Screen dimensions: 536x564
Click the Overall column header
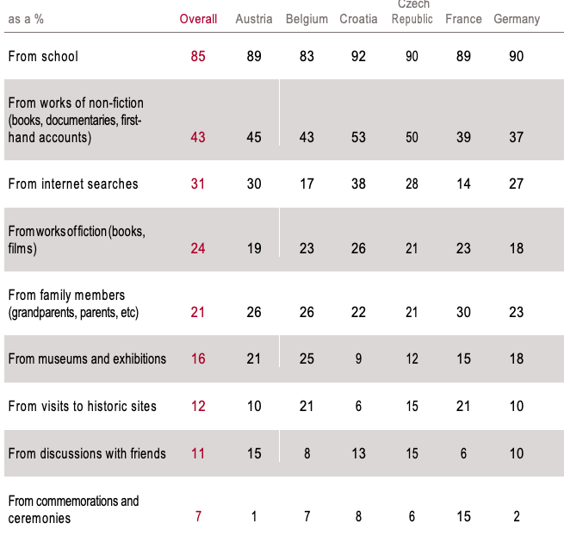coord(198,19)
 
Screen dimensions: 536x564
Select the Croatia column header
coord(358,19)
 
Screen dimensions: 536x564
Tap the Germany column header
coord(517,19)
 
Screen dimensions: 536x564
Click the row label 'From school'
coord(43,56)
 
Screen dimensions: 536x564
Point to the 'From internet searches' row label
coord(73,184)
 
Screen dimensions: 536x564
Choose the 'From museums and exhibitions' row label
coord(87,358)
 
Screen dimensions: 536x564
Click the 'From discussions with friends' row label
coord(87,453)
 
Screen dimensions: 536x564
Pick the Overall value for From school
coord(198,56)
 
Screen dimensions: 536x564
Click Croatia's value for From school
coord(358,56)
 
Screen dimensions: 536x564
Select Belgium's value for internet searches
coord(307,184)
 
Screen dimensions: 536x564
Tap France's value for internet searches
coord(463,184)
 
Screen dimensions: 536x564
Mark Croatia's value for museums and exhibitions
coord(358,358)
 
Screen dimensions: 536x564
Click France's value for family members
coord(463,312)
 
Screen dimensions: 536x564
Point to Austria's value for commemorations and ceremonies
coord(254,516)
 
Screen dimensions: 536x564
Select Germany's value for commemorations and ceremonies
coord(516,516)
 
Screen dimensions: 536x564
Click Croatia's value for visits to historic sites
coord(358,406)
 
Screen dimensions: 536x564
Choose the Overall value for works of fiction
coord(198,248)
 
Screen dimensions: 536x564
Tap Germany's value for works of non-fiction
coord(516,137)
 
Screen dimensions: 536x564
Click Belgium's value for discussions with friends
coord(307,453)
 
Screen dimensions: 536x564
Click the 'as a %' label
coord(26,19)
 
